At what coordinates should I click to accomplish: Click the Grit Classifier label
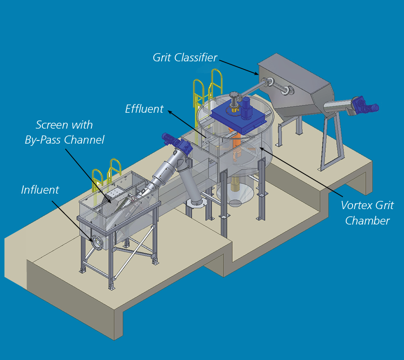coord(185,58)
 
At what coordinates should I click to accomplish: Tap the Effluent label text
coord(144,109)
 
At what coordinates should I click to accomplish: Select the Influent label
coord(40,190)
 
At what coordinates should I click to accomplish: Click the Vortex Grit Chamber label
coord(367,213)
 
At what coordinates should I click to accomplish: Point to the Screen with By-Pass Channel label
coord(64,132)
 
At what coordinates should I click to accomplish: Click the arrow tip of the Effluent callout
coord(167,110)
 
